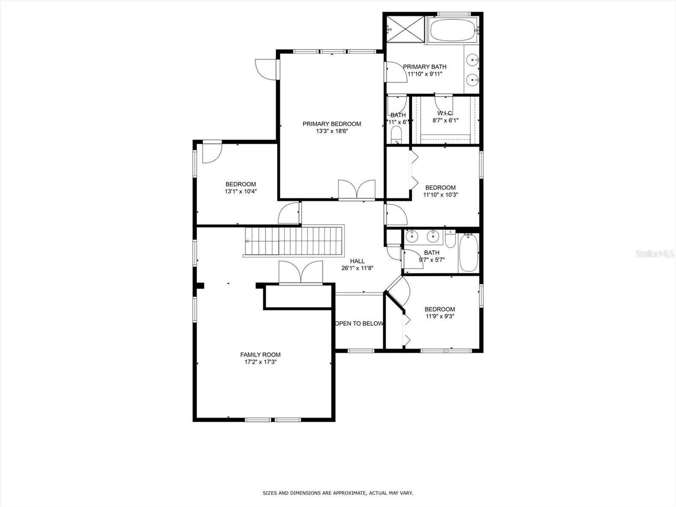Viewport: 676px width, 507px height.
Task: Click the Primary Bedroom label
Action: click(x=332, y=124)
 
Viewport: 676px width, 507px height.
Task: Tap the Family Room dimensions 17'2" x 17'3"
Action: click(x=260, y=362)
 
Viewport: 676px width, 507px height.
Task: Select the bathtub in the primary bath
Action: click(x=452, y=30)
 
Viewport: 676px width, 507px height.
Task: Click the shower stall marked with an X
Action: click(x=405, y=29)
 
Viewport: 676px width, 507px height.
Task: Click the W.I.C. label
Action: click(x=445, y=113)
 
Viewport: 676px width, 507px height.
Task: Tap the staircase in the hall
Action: click(x=294, y=241)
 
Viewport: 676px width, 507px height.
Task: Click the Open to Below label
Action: click(x=359, y=324)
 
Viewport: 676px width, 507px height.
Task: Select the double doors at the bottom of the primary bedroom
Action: click(x=357, y=189)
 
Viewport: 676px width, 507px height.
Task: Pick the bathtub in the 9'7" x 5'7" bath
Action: click(x=469, y=253)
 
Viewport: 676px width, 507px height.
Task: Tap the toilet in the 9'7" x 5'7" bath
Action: click(x=450, y=239)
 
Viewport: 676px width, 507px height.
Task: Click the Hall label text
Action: click(x=357, y=261)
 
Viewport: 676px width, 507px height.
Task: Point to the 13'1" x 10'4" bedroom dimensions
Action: click(x=240, y=191)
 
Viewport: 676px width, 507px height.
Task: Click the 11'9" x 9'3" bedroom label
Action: click(x=440, y=309)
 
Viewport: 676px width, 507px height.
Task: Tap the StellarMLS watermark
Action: click(x=654, y=253)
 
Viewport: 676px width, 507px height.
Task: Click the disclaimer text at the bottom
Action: click(x=338, y=493)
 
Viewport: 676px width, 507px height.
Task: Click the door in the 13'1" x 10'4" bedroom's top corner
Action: click(x=211, y=153)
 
